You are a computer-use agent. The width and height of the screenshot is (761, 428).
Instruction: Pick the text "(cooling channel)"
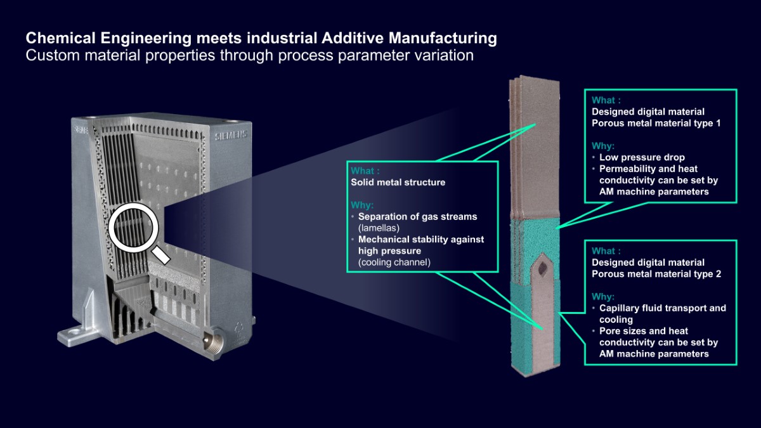click(394, 262)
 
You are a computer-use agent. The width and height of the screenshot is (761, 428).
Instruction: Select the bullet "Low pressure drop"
click(642, 157)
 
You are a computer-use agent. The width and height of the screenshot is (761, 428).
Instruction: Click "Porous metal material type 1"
click(656, 123)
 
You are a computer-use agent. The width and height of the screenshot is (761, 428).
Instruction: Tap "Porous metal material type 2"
click(656, 274)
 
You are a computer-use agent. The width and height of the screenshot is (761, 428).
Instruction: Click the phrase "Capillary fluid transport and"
click(663, 308)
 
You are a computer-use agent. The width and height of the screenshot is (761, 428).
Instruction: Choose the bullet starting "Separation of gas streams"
click(417, 217)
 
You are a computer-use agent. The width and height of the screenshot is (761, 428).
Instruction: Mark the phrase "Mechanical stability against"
click(421, 240)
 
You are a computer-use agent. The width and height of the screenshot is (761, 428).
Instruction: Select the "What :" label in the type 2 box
click(606, 250)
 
